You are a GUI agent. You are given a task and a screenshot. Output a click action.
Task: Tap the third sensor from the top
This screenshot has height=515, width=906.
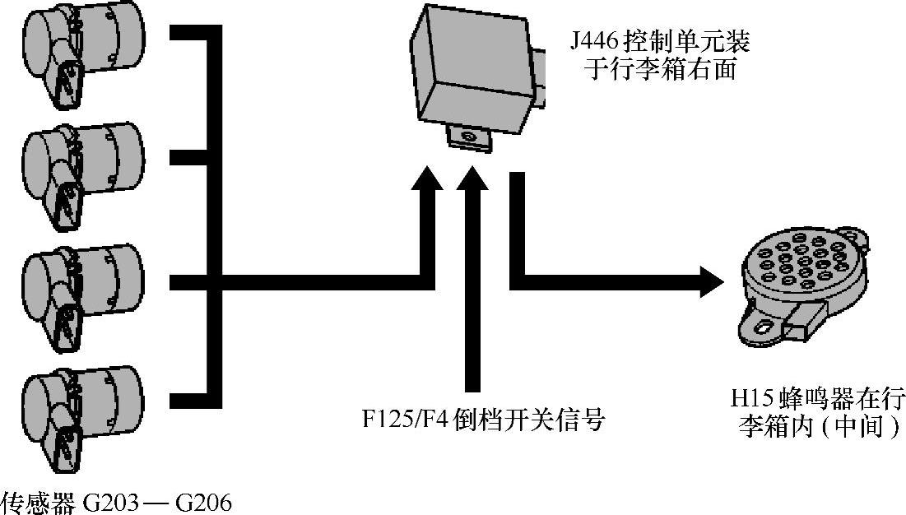click(x=82, y=288)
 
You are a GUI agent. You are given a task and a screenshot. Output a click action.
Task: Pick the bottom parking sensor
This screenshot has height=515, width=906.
click(x=82, y=415)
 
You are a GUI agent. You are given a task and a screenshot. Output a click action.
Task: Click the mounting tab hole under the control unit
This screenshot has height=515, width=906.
click(x=467, y=136)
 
